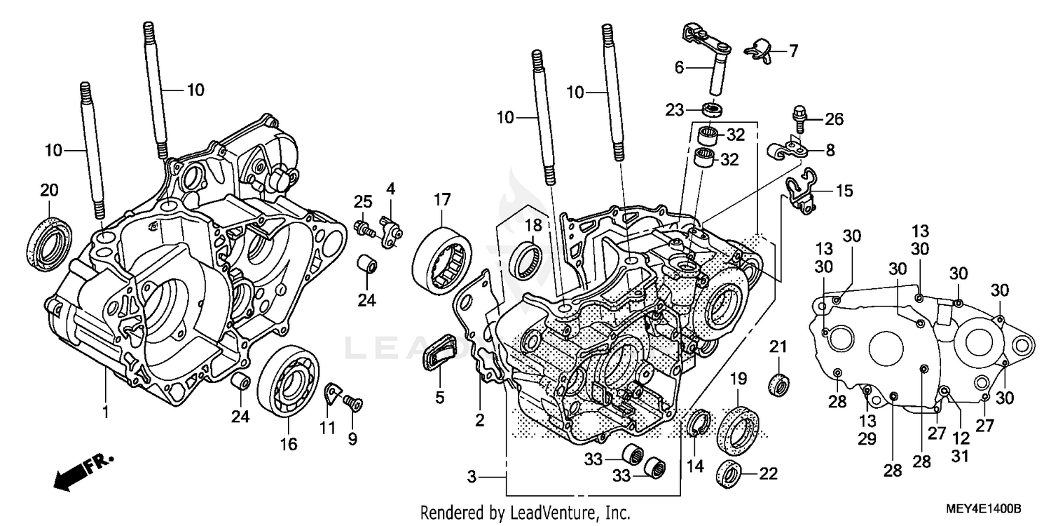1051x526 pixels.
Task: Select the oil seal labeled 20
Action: coord(48,241)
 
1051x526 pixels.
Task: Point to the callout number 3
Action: coord(472,477)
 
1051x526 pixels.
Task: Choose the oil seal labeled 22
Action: coord(729,475)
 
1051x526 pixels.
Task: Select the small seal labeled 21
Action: coord(779,384)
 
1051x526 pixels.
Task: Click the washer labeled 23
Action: coord(713,109)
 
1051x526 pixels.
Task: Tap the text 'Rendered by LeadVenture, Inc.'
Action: coord(525,512)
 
